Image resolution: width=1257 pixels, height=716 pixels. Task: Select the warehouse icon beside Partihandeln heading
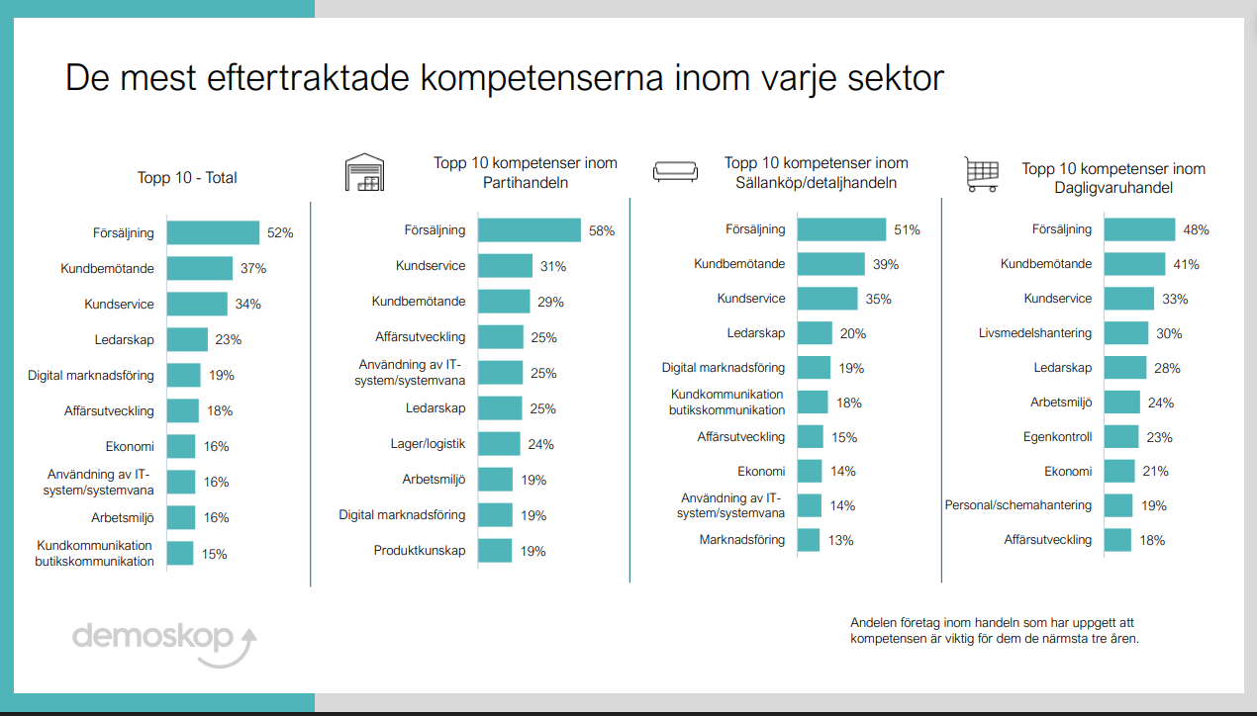[x=363, y=172]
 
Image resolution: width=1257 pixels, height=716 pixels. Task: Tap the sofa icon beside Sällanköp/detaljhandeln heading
[x=675, y=172]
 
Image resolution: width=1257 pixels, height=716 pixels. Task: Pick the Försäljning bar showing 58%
[x=529, y=230]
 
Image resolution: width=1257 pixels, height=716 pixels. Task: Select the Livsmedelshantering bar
[x=1125, y=333]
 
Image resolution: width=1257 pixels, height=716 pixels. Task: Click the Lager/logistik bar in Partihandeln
[x=499, y=444]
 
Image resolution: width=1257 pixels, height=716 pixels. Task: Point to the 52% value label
[x=280, y=233]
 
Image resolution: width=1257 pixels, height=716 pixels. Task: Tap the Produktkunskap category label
[x=419, y=551]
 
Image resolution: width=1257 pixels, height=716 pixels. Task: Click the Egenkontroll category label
[x=1057, y=436]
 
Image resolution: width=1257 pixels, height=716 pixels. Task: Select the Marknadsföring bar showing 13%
[x=809, y=540]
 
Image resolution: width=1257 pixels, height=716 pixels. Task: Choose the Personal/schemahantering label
[x=1017, y=505]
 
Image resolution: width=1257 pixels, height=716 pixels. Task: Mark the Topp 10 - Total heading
[x=187, y=178]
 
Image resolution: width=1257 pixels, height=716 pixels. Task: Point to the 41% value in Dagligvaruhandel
[x=1186, y=264]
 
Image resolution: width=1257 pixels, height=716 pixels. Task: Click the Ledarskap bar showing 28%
[x=1124, y=368]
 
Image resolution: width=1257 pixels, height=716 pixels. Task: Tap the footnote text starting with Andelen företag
[x=994, y=630]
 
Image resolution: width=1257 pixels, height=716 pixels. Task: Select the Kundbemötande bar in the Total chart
[x=199, y=268]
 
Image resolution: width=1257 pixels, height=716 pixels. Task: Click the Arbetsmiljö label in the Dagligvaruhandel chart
[x=1061, y=403]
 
